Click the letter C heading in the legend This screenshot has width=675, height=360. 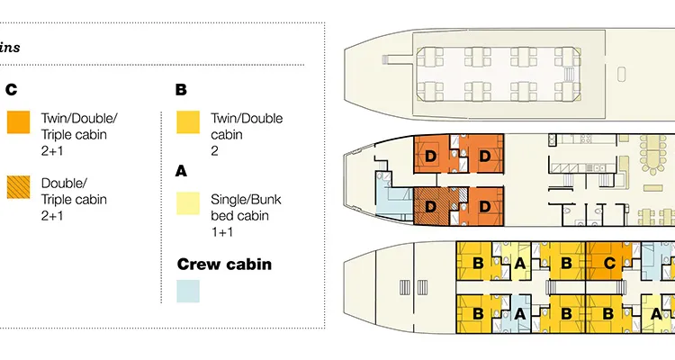point(12,90)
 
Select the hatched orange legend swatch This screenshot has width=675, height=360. point(18,187)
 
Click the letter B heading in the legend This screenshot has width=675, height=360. point(181,90)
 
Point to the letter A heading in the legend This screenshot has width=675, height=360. point(181,169)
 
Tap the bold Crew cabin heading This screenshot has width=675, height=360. point(224,265)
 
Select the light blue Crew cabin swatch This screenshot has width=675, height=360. point(188,292)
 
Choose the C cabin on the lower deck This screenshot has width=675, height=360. point(610,264)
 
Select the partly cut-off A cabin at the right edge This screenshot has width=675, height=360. point(655,314)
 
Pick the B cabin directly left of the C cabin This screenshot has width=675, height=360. point(566,264)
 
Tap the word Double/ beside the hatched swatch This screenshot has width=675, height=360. point(60,183)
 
